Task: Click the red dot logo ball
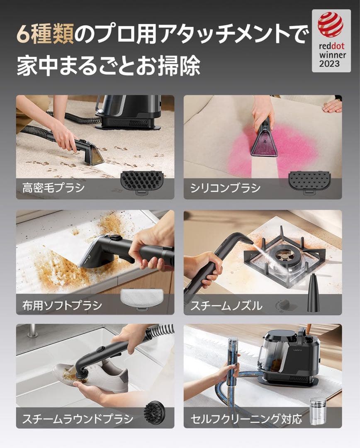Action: coord(331,24)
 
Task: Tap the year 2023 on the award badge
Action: coord(329,63)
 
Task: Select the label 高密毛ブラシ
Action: coord(54,188)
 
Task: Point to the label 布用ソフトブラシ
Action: coord(62,306)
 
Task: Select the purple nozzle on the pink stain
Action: coord(264,142)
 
